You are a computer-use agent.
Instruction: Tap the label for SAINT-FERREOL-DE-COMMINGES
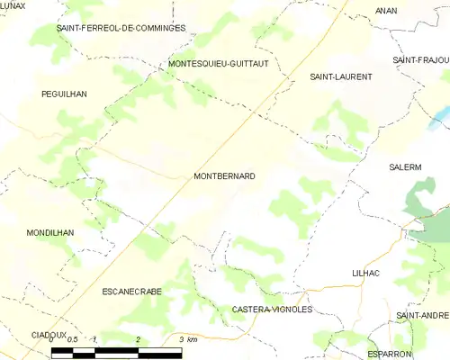pos(121,28)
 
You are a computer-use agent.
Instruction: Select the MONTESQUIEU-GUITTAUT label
pos(219,64)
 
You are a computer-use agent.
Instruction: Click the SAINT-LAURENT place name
pos(341,76)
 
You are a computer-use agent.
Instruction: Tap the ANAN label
pos(387,12)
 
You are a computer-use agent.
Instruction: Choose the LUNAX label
pos(13,7)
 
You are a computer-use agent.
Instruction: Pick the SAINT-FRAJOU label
pos(421,59)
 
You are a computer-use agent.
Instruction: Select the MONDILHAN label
pos(50,232)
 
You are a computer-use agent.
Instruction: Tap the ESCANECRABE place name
pos(131,292)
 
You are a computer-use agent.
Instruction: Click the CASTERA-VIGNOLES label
pos(272,309)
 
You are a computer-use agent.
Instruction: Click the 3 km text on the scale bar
pos(187,338)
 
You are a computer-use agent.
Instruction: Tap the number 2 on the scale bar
pos(138,338)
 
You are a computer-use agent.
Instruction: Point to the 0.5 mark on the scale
pos(74,338)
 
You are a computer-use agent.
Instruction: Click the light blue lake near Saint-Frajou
pos(439,118)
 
